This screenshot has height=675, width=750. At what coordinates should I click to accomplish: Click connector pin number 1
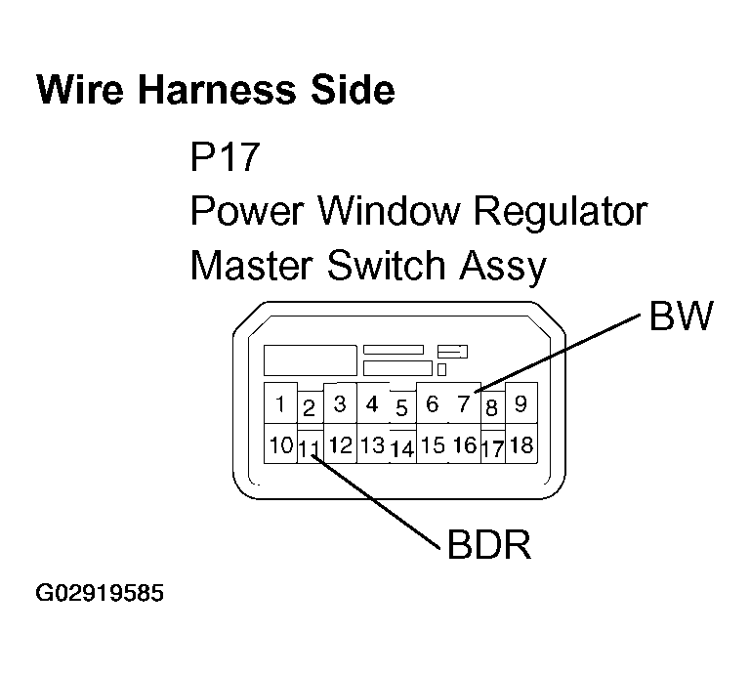[x=280, y=404]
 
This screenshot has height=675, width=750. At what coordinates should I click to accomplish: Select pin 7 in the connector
[x=464, y=403]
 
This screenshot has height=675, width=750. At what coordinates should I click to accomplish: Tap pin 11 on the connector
[x=310, y=449]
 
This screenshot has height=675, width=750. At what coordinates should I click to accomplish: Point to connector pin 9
[x=521, y=402]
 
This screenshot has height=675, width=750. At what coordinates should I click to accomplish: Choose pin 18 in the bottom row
[x=521, y=445]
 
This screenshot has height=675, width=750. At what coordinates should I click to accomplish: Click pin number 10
[x=281, y=445]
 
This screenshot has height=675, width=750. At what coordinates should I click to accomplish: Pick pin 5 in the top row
[x=401, y=407]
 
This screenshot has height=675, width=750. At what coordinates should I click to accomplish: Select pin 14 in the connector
[x=402, y=450]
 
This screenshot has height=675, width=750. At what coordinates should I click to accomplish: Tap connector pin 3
[x=340, y=402]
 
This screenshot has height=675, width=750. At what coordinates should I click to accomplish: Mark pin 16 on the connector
[x=465, y=445]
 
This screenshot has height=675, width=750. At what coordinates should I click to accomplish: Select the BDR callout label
[x=488, y=545]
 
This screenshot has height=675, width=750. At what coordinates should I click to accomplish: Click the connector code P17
[x=226, y=156]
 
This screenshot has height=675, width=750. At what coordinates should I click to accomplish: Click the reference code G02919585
[x=100, y=593]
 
